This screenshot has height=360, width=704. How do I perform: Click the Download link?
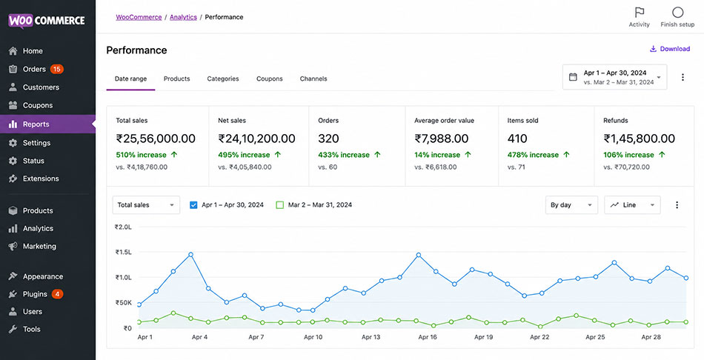(670, 49)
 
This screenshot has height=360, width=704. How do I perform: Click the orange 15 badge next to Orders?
(56, 69)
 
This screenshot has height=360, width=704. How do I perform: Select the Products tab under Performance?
(176, 79)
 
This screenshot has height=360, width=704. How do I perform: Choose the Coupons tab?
(270, 79)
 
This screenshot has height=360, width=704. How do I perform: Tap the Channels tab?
(313, 79)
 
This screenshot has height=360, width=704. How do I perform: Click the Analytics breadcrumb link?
(183, 17)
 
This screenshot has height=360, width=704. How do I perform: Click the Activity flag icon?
(640, 12)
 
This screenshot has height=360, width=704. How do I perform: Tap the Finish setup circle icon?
(677, 12)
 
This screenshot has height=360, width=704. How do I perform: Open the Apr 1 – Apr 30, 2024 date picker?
(614, 77)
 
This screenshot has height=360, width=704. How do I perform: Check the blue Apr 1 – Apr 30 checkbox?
(193, 205)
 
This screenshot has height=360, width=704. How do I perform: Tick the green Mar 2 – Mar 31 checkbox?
(279, 205)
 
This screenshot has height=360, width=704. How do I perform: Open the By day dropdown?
(571, 205)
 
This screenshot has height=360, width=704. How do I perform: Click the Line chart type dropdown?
(632, 205)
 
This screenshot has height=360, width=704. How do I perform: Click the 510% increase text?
(141, 155)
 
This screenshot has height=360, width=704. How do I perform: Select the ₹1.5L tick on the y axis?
(124, 253)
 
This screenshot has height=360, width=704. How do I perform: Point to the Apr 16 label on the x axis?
(427, 337)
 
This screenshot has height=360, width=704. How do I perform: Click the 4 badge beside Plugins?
(57, 294)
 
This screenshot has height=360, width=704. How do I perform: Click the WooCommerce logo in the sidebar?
(46, 21)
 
